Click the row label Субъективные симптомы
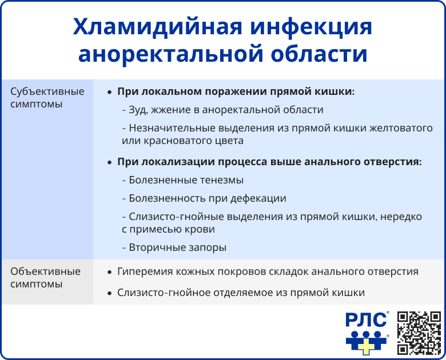[x=47, y=98]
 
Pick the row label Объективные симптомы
[x=46, y=278]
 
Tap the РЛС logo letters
[x=365, y=321]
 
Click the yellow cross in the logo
[x=367, y=342]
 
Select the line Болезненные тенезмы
[x=182, y=180]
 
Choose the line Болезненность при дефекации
[x=204, y=198]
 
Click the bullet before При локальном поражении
[x=109, y=92]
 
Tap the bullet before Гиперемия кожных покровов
[x=109, y=272]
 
